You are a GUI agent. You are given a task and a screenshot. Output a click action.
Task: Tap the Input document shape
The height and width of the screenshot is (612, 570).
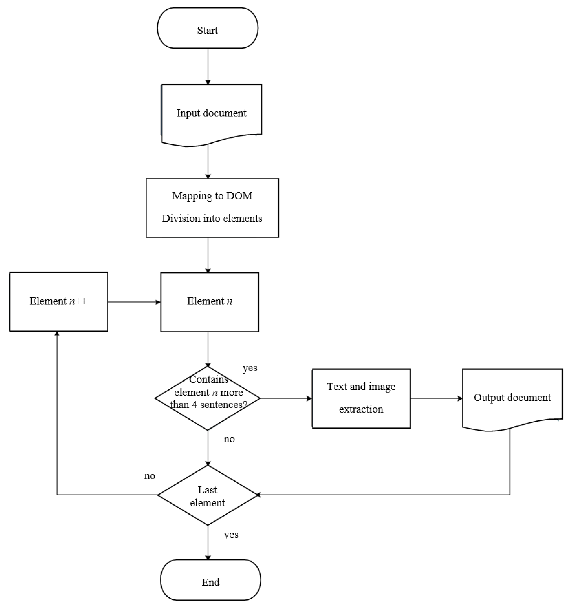tap(211, 113)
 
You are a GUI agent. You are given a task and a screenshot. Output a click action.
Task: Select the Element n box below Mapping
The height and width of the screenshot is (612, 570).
tap(209, 302)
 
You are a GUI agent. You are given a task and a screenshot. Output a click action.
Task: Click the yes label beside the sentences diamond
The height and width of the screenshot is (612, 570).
tap(250, 368)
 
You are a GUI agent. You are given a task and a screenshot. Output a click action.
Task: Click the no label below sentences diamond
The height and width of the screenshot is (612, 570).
tap(229, 439)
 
